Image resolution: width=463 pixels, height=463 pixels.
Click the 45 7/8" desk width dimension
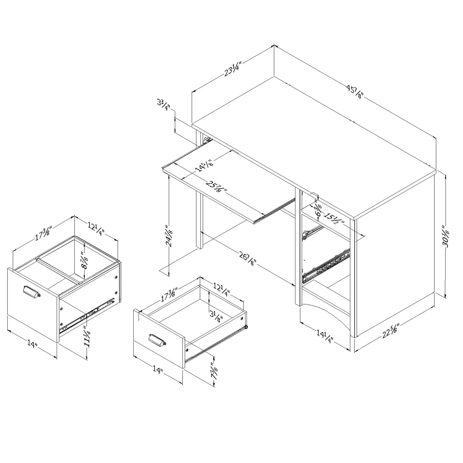click(355, 92)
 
